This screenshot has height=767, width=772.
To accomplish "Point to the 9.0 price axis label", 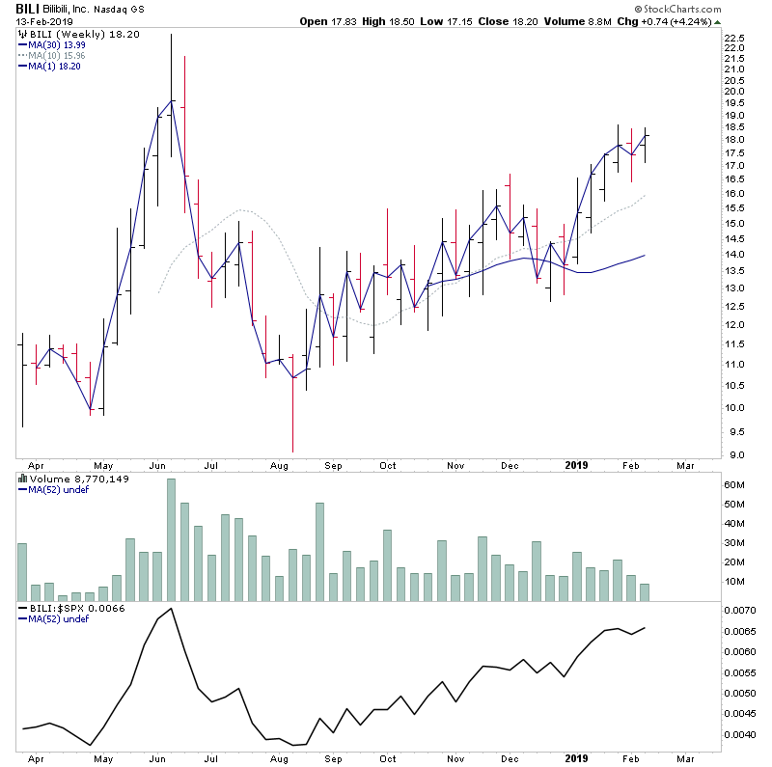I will click(734, 455).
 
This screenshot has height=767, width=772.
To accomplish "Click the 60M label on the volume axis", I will click(735, 483).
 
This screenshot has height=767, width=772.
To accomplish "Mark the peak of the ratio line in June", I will click(171, 609).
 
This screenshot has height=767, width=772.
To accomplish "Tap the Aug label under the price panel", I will click(281, 465).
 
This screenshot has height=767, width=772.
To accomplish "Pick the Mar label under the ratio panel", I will click(686, 758).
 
